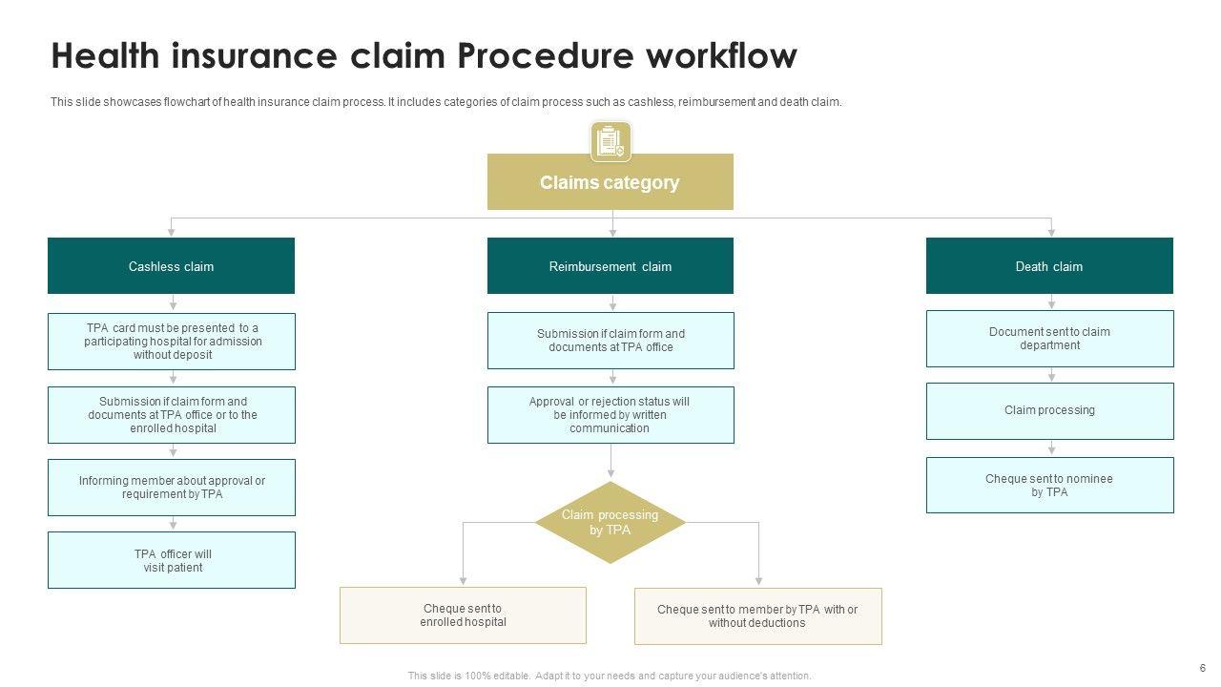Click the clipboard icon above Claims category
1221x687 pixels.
(x=610, y=142)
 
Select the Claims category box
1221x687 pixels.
(x=610, y=181)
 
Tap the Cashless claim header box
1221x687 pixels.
(x=171, y=265)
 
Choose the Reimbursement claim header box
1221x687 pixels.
(x=610, y=265)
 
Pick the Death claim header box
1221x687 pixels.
(x=1049, y=265)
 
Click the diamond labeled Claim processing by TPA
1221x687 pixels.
(x=610, y=522)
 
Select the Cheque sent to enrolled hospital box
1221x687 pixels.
(x=463, y=615)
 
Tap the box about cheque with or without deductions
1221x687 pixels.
(x=757, y=616)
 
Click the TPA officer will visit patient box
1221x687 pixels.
(x=172, y=560)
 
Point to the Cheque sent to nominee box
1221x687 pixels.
(x=1050, y=486)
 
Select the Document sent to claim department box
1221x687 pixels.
(x=1050, y=339)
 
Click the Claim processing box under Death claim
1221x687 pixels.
(x=1050, y=411)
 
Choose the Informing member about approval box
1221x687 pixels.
(x=172, y=488)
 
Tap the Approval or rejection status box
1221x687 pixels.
(x=610, y=415)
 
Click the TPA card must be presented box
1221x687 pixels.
(x=172, y=342)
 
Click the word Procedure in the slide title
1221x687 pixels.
(x=545, y=55)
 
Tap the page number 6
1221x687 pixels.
(x=1203, y=668)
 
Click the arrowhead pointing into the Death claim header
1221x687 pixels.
(x=1051, y=233)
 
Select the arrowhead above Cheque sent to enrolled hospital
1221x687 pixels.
(x=463, y=581)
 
